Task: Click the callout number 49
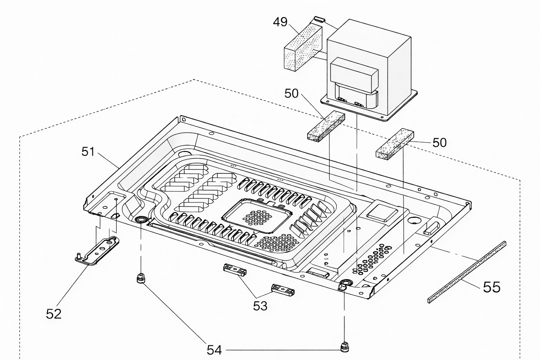pyautogui.click(x=280, y=22)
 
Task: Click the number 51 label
pyautogui.click(x=88, y=152)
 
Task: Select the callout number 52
pyautogui.click(x=53, y=314)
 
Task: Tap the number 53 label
pyautogui.click(x=260, y=306)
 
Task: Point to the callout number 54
pyautogui.click(x=214, y=350)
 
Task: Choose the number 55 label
pyautogui.click(x=491, y=287)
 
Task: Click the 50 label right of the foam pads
pyautogui.click(x=439, y=142)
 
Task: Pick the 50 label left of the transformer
pyautogui.click(x=291, y=93)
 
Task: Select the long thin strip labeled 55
pyautogui.click(x=467, y=272)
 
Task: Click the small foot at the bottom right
pyautogui.click(x=344, y=347)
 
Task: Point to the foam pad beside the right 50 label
pyautogui.click(x=395, y=144)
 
